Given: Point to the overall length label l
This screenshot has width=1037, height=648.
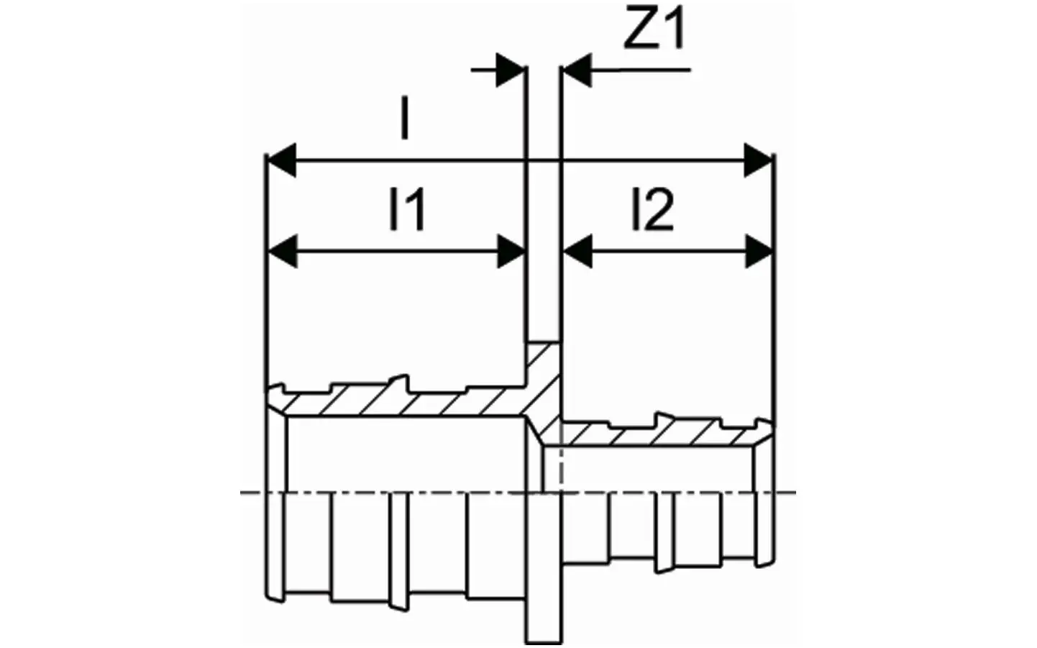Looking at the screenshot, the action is pyautogui.click(x=405, y=117).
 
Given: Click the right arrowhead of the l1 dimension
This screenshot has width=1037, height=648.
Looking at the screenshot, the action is pyautogui.click(x=511, y=252).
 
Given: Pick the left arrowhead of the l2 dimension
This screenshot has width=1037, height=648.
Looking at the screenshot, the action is pyautogui.click(x=577, y=252).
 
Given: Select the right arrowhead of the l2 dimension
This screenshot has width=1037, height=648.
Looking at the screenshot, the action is pyautogui.click(x=759, y=252).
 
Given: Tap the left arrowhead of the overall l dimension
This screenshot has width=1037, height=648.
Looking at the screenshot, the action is pyautogui.click(x=281, y=160).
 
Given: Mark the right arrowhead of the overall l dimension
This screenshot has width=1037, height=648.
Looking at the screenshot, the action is pyautogui.click(x=758, y=160).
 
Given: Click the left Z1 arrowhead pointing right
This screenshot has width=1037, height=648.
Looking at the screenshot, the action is pyautogui.click(x=510, y=70).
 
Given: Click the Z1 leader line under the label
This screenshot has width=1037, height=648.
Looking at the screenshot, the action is pyautogui.click(x=641, y=70).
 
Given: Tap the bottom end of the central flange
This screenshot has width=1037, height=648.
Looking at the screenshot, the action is pyautogui.click(x=544, y=642).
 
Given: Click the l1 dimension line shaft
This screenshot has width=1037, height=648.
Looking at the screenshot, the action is pyautogui.click(x=397, y=252).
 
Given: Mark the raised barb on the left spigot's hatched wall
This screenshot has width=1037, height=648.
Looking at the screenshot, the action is pyautogui.click(x=400, y=384).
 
